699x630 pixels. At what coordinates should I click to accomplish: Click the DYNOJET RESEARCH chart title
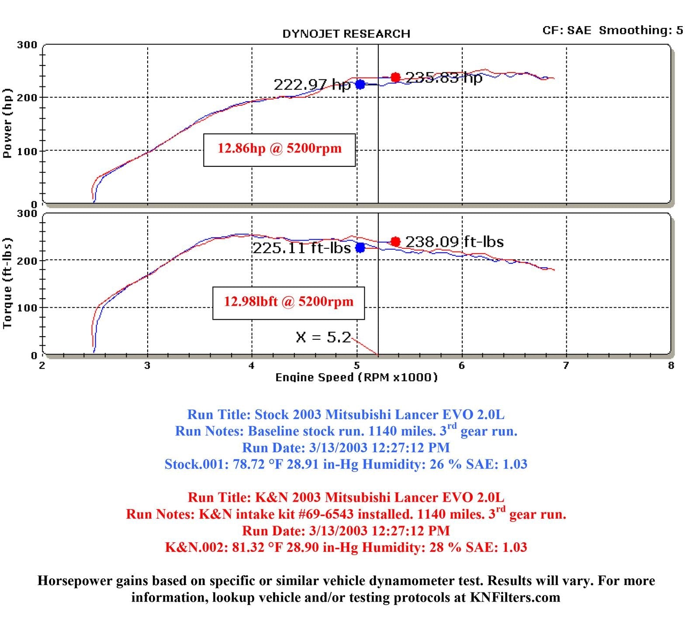coord(346,34)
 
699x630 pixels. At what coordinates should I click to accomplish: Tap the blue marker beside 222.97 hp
coord(360,84)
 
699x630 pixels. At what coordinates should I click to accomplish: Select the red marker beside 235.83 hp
coord(395,77)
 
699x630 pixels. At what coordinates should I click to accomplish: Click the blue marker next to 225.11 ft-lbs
coord(360,248)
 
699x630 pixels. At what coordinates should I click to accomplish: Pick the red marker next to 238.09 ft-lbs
coord(395,241)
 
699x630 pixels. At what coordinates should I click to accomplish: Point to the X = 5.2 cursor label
coord(323,337)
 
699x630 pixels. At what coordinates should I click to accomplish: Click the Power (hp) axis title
coord(7,123)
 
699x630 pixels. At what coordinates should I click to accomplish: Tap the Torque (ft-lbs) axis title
coord(7,283)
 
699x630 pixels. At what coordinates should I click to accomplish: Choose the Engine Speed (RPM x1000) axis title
coord(356,377)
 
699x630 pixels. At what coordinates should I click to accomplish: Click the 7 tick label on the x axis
coord(566,365)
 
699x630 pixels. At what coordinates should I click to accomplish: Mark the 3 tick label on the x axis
coord(147,365)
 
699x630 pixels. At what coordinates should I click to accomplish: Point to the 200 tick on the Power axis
coord(27,97)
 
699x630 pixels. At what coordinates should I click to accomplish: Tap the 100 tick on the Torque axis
coord(27,308)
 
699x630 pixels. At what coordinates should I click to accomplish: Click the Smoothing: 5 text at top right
coord(641,30)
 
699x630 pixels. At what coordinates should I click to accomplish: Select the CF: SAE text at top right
coord(567,30)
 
